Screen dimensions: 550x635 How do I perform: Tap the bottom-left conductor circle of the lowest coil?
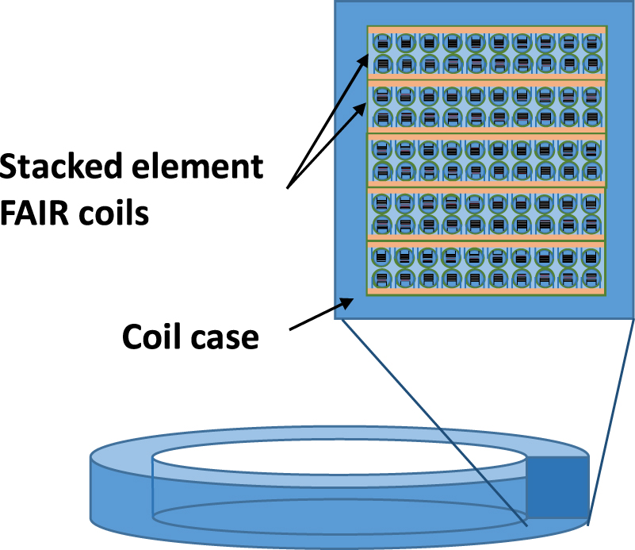[x=381, y=278]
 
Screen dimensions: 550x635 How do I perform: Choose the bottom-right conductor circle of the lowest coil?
[x=592, y=278]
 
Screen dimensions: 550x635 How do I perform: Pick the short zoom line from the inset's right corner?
[x=612, y=421]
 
